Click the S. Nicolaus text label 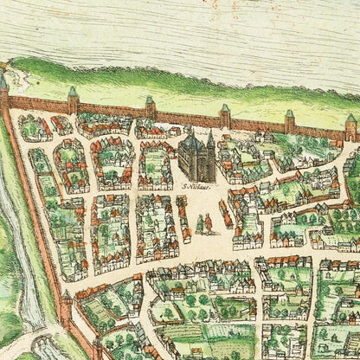click(x=196, y=185)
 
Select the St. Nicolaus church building click(x=197, y=157)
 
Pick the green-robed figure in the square click(x=199, y=224)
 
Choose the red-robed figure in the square click(x=208, y=224)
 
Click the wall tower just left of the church click(x=150, y=107)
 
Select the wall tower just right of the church click(x=225, y=114)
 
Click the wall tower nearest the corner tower click(x=73, y=99)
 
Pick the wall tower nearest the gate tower click(x=290, y=120)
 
